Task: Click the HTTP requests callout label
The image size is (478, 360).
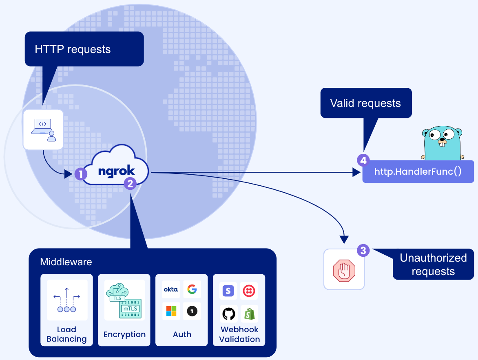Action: (x=73, y=49)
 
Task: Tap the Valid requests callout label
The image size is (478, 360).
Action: (x=365, y=103)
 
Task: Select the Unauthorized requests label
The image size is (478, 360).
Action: (x=433, y=265)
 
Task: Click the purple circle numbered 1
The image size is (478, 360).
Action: (x=81, y=174)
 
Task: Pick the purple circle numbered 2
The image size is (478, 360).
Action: (x=130, y=184)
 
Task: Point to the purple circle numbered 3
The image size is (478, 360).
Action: (x=363, y=250)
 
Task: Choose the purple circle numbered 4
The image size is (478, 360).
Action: (x=363, y=160)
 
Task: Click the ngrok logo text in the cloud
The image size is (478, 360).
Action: (x=117, y=171)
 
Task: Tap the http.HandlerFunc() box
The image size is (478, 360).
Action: (x=418, y=171)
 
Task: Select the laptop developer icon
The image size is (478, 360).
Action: (x=43, y=129)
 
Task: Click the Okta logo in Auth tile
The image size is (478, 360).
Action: (x=171, y=289)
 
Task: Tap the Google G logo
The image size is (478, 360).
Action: (x=192, y=289)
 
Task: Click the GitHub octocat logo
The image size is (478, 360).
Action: (x=229, y=314)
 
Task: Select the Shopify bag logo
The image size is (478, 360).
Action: (x=249, y=314)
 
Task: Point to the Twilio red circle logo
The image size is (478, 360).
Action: (x=248, y=291)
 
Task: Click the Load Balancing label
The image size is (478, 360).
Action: (x=66, y=334)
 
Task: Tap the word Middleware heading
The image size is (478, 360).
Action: (x=66, y=262)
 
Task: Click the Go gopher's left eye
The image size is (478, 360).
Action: (x=433, y=134)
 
